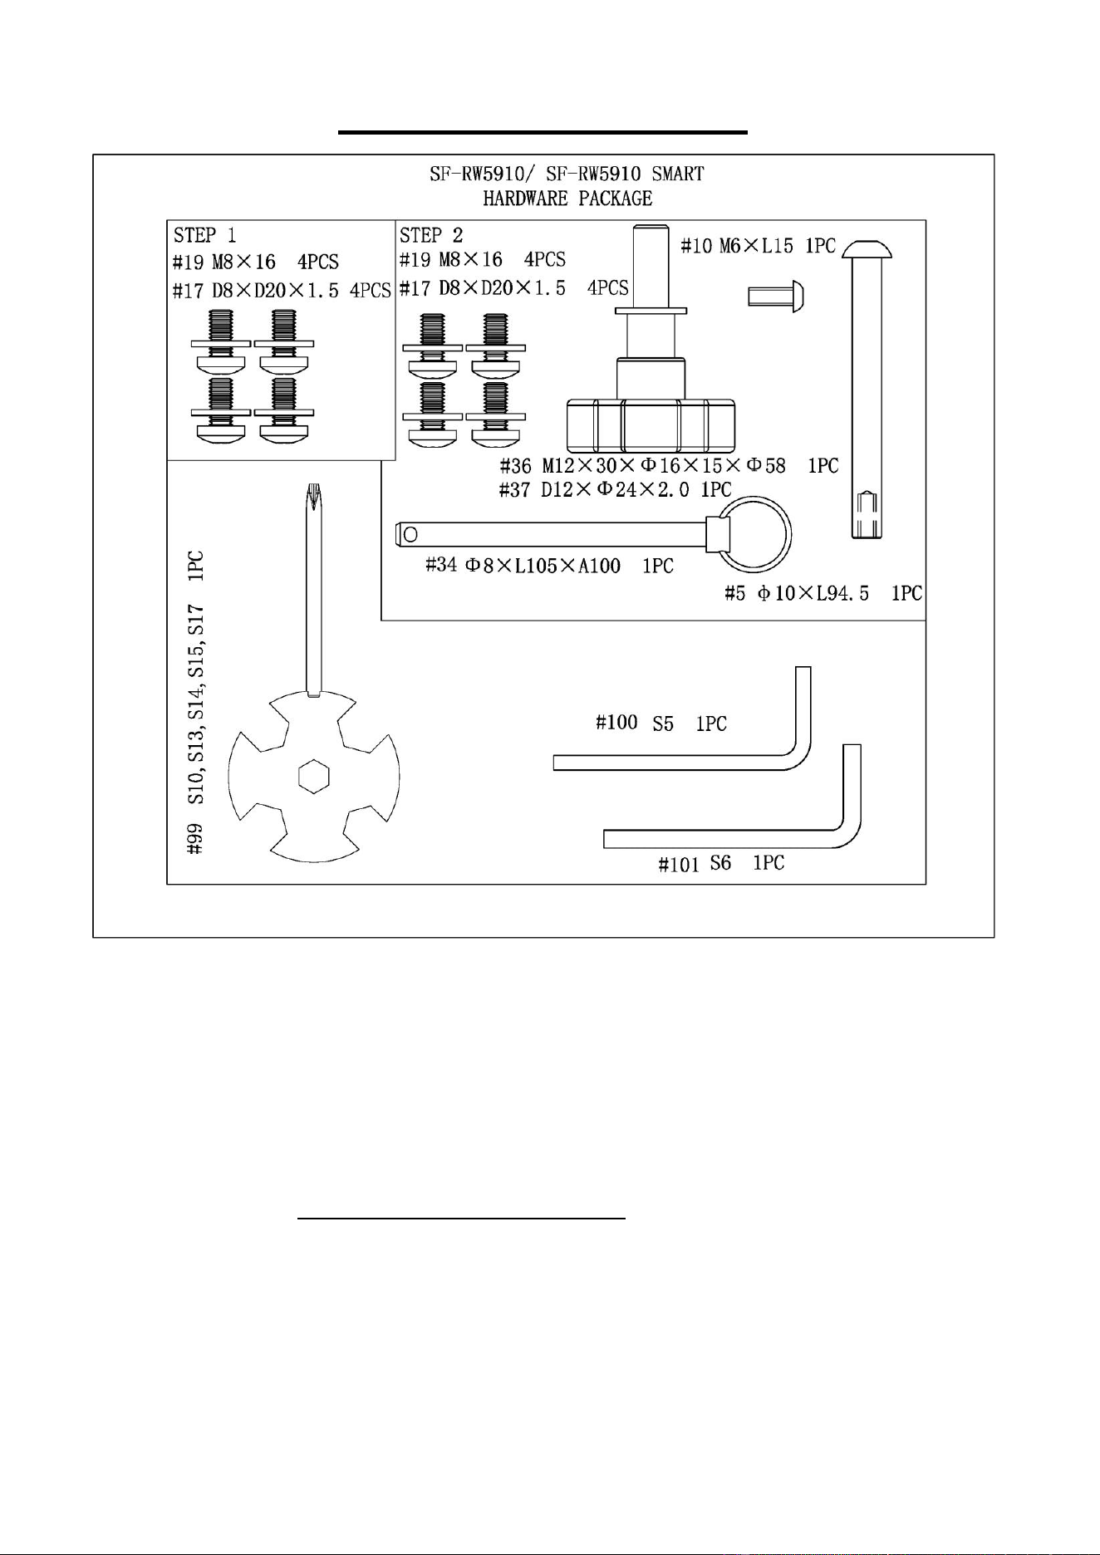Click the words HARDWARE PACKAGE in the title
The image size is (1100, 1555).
point(567,199)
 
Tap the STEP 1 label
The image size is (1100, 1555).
point(205,235)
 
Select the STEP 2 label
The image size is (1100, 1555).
point(431,235)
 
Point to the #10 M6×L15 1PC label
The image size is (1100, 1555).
point(758,246)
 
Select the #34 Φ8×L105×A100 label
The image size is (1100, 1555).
point(549,566)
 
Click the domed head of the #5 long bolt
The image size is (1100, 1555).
point(869,247)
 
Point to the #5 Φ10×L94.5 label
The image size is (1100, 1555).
point(823,593)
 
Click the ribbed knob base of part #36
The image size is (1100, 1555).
point(651,424)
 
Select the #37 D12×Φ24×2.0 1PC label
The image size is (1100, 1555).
point(615,489)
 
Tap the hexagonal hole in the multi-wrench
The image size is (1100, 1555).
point(314,776)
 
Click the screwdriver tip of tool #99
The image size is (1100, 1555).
point(313,495)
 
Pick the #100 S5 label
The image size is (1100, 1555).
point(661,723)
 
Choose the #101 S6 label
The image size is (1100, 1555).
point(721,864)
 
